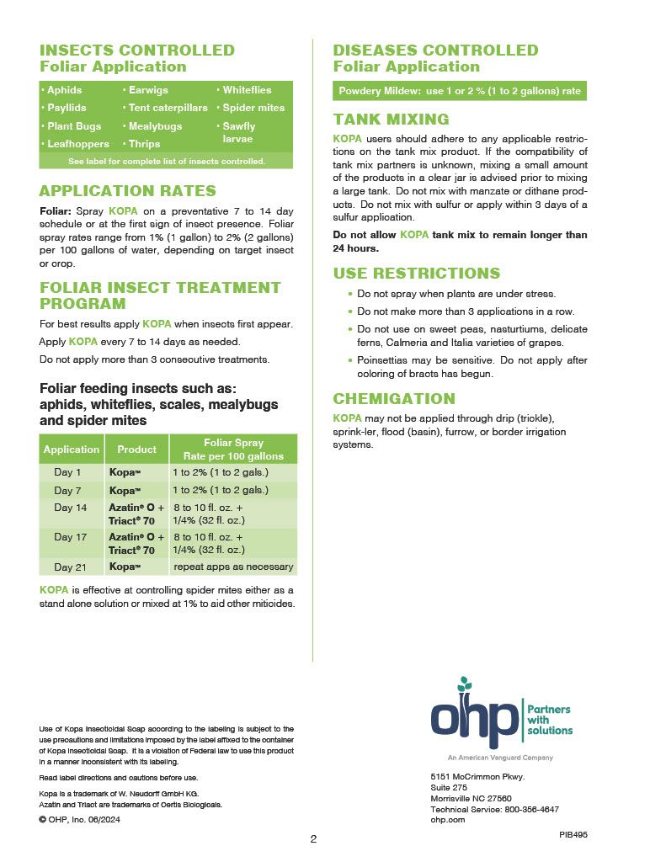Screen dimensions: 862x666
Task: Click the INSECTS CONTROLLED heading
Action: tap(136, 51)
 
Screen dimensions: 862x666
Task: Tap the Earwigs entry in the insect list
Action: tap(148, 90)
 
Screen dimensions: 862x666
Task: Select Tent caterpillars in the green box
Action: tap(168, 108)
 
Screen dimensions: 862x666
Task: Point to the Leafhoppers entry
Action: tap(78, 144)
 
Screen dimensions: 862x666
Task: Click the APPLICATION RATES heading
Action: tap(127, 191)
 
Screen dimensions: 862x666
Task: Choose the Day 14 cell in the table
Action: tap(70, 508)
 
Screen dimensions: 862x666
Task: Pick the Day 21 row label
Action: tap(70, 567)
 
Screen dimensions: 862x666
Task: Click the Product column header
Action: tap(136, 450)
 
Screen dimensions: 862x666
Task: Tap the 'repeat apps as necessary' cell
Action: tap(233, 567)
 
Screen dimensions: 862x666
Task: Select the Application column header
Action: tap(72, 450)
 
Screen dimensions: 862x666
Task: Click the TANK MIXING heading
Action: tap(391, 120)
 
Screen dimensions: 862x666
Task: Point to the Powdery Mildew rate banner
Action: tap(459, 91)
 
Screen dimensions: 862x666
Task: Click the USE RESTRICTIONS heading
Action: tap(417, 274)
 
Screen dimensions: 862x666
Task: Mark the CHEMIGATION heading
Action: tap(394, 399)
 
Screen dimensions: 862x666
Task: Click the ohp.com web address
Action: tap(447, 819)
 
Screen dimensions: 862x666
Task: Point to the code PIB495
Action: tap(573, 833)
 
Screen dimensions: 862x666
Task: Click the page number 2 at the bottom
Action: tap(313, 838)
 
